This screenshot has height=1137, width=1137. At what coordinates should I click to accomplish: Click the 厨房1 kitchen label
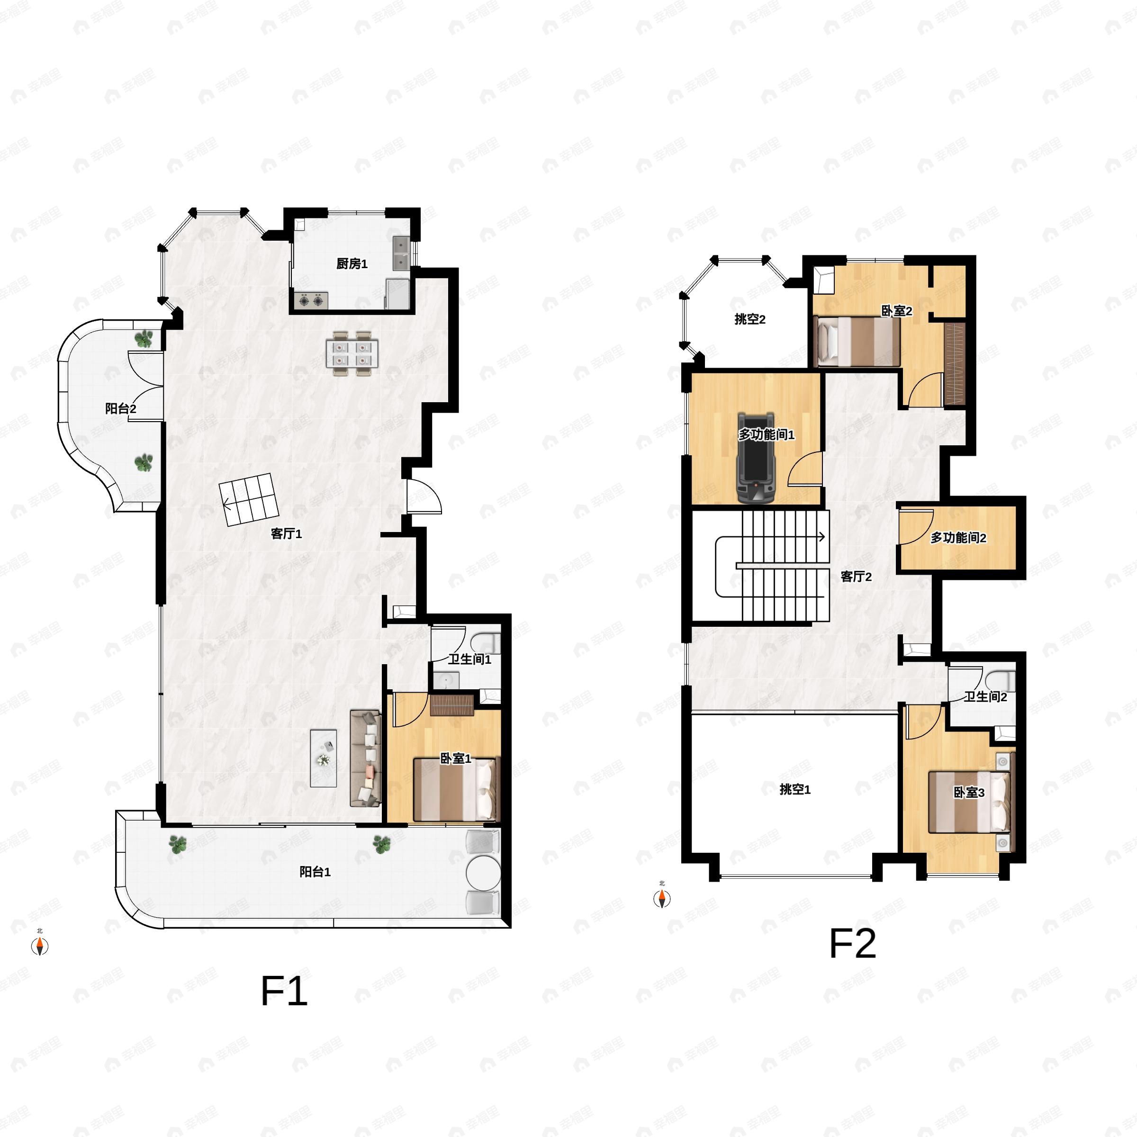click(352, 264)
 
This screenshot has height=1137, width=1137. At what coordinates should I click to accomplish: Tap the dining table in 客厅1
click(352, 353)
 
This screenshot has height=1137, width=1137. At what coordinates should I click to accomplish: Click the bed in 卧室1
click(455, 789)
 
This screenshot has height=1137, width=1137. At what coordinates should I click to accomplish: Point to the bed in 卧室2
click(857, 341)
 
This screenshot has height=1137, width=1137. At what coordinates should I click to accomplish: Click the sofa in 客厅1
click(365, 758)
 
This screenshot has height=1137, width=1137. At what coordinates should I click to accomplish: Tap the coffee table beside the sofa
click(324, 758)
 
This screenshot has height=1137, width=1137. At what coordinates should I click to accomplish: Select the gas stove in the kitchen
click(311, 301)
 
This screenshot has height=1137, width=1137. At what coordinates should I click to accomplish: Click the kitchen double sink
click(401, 253)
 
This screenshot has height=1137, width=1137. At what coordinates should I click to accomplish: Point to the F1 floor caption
click(284, 991)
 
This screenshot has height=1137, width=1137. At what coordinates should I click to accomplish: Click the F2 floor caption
click(852, 944)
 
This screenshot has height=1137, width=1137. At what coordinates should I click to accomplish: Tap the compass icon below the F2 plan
click(662, 898)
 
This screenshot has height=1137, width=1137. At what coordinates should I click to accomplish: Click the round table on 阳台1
click(483, 873)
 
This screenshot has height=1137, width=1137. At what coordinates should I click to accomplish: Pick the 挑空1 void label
click(794, 789)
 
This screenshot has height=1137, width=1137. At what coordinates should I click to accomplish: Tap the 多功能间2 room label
click(958, 537)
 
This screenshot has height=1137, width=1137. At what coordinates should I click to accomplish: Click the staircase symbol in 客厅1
click(250, 500)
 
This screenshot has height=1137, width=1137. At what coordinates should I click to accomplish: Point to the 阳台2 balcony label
click(121, 408)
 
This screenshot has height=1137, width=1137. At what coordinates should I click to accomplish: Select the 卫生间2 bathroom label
click(985, 697)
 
